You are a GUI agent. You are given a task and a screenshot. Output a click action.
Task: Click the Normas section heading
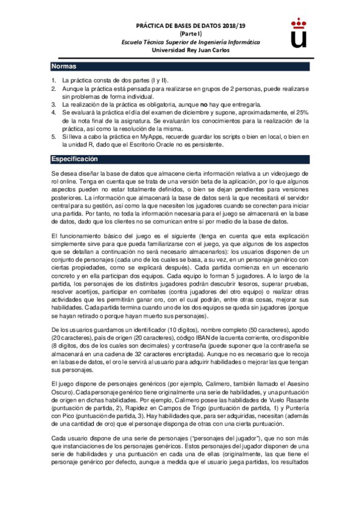[x=64, y=66]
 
